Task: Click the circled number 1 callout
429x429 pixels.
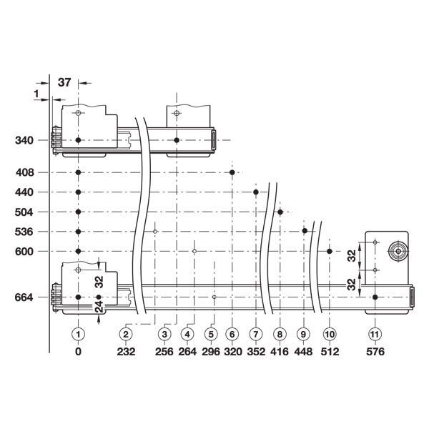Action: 78,334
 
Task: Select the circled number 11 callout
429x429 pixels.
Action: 375,334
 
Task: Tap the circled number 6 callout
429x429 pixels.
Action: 232,334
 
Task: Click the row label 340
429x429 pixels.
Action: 24,140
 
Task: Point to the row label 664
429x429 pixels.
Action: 24,297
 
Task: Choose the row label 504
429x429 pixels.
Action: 24,212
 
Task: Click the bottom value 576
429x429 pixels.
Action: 375,352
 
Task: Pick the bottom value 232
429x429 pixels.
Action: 126,352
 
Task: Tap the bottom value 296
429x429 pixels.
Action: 211,352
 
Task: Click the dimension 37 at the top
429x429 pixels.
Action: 64,82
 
